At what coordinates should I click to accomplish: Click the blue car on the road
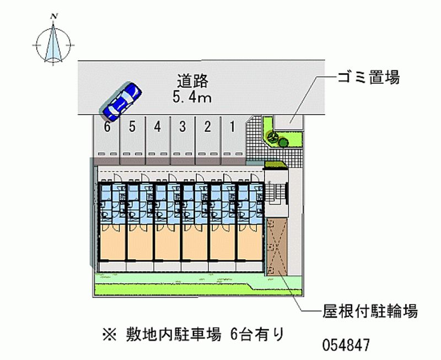click(x=121, y=101)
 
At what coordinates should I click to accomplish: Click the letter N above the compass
click(x=53, y=17)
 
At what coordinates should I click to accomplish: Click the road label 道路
click(x=192, y=82)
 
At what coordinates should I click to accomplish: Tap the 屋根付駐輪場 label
click(x=370, y=311)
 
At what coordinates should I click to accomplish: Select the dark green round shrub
click(x=283, y=142)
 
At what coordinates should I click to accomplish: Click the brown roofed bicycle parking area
click(x=275, y=246)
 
